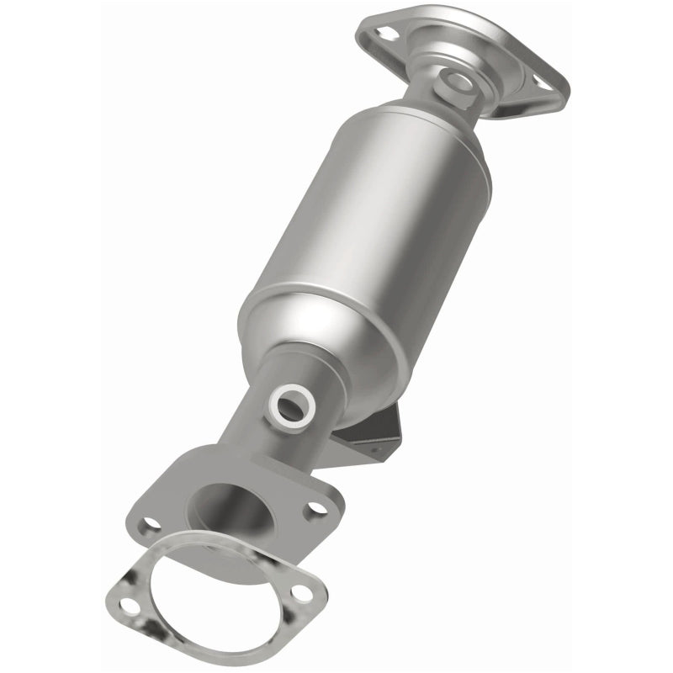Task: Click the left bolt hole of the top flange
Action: [x=387, y=34]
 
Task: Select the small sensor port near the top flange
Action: [x=459, y=82]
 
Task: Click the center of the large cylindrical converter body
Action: [x=366, y=244]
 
